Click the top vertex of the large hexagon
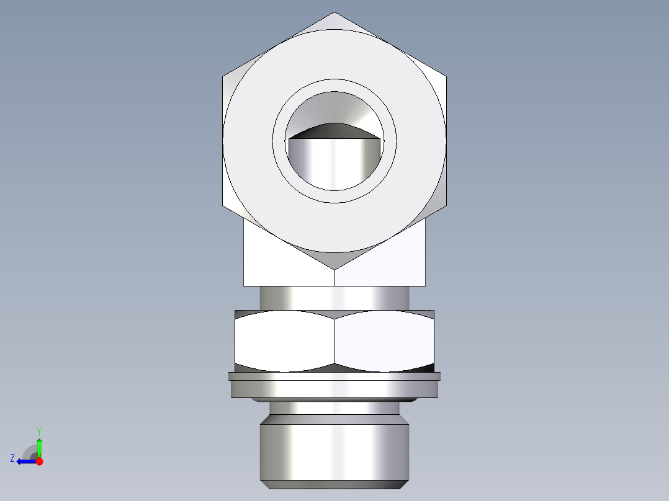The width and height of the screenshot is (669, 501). click(334, 13)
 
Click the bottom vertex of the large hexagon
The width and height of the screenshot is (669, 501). click(334, 269)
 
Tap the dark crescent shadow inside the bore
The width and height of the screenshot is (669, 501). click(334, 131)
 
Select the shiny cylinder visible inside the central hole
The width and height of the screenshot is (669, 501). click(334, 164)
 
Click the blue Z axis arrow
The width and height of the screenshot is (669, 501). click(25, 461)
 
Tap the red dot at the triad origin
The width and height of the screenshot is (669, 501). click(39, 461)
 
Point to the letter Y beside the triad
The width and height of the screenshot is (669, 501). click(39, 430)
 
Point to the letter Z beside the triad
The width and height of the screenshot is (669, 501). click(12, 458)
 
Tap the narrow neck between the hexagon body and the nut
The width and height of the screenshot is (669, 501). click(334, 298)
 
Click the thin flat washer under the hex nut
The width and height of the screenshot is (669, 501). click(334, 376)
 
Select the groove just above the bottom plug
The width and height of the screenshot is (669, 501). click(334, 407)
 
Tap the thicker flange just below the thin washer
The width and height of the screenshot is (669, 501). click(334, 389)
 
